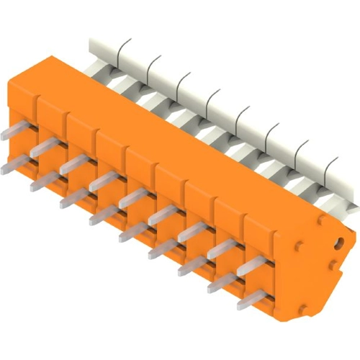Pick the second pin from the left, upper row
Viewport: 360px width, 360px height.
[45, 149]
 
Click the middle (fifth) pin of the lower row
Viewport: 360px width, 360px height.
[134, 232]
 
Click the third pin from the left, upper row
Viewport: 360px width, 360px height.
[74, 165]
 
